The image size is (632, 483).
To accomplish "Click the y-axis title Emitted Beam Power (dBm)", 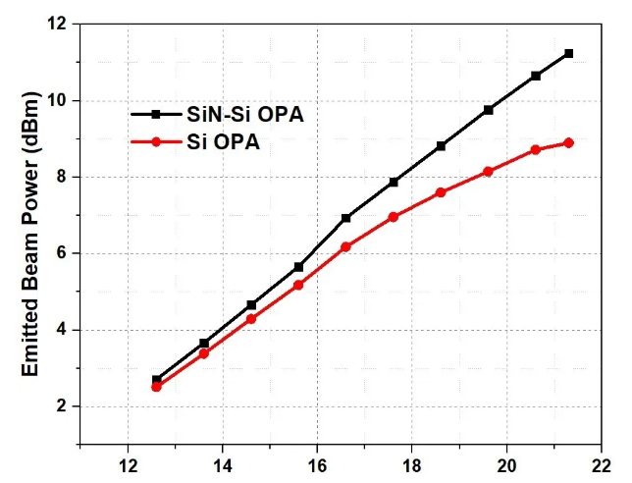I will (x=30, y=234).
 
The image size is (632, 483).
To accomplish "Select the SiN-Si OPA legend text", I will (x=245, y=115).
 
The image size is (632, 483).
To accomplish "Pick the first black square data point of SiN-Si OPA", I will (x=156, y=379).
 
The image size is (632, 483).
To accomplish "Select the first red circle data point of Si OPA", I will (x=156, y=387).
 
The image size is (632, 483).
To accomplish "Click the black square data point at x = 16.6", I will (x=345, y=218).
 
